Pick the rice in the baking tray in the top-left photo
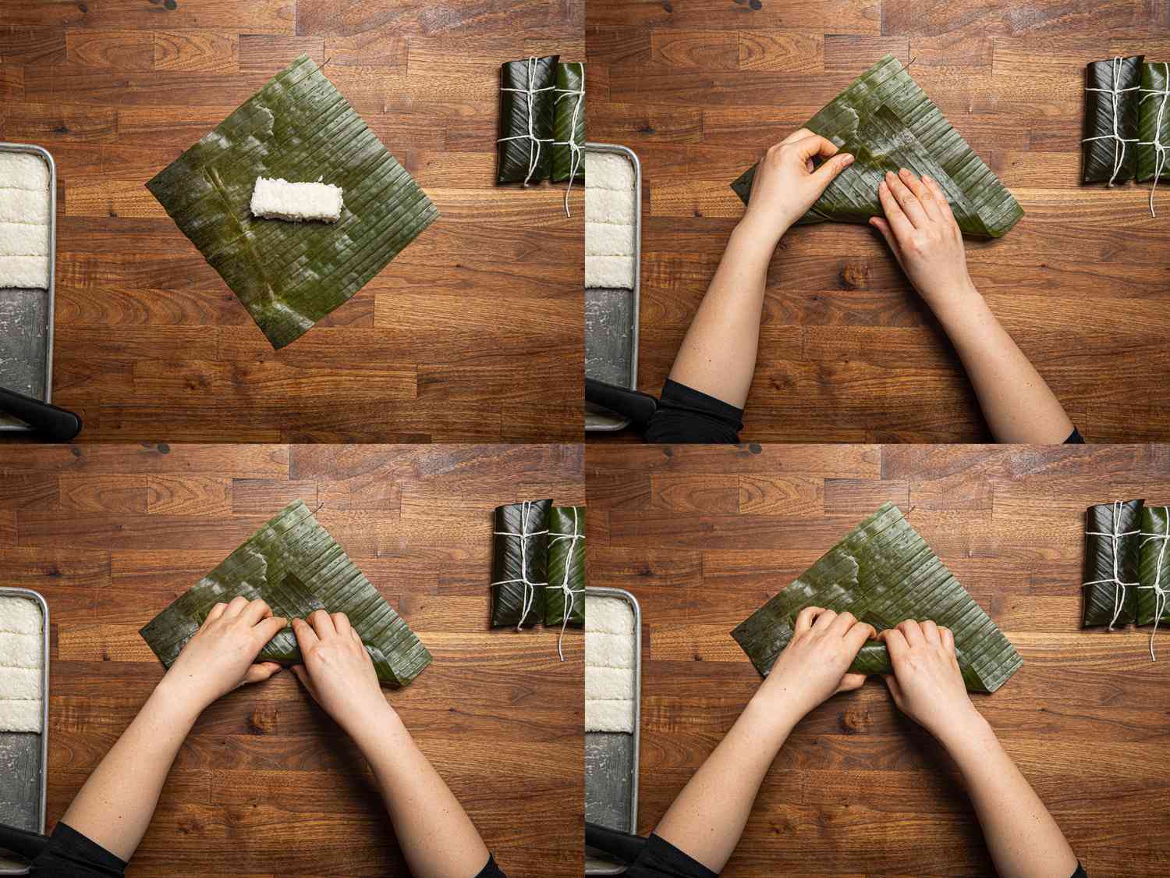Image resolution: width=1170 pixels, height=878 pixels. click(x=23, y=219)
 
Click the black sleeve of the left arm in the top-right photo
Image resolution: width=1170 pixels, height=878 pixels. click(x=694, y=410)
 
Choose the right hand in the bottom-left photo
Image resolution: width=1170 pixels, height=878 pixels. click(x=331, y=663)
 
